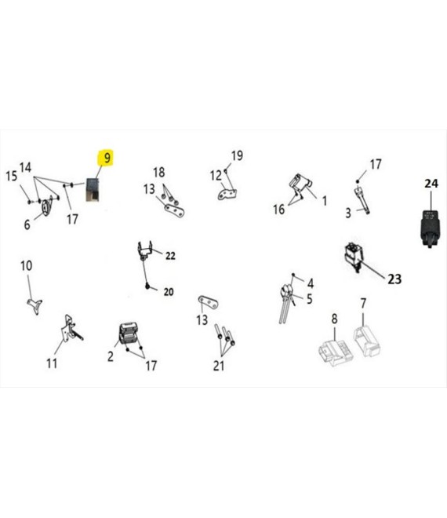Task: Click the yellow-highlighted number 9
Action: click(x=107, y=158)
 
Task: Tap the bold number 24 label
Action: click(x=431, y=184)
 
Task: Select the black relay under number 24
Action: click(x=431, y=228)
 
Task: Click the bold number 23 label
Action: click(x=394, y=279)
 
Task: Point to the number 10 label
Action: click(x=27, y=265)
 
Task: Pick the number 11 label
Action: click(x=52, y=363)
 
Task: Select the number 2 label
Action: click(x=111, y=356)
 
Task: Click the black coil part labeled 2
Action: click(x=128, y=334)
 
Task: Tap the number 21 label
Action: click(x=219, y=366)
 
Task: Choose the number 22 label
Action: click(x=170, y=256)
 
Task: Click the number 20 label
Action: click(x=169, y=292)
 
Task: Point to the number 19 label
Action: click(x=237, y=155)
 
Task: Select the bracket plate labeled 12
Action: click(x=228, y=194)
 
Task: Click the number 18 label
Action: click(x=158, y=172)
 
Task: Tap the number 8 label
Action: click(x=334, y=319)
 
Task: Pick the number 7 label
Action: click(x=363, y=303)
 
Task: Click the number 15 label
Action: click(x=11, y=176)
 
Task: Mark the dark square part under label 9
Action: click(x=93, y=190)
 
